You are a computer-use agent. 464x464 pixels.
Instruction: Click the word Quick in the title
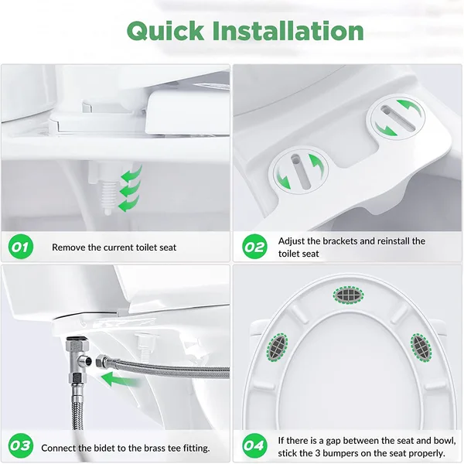click(165, 32)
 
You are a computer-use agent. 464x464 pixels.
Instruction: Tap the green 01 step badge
click(21, 247)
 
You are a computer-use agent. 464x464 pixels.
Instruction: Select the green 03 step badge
click(21, 447)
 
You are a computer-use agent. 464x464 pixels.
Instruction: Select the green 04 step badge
click(254, 447)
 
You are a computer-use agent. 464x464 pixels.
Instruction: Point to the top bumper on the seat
click(347, 294)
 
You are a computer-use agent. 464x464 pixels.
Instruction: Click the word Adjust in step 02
click(293, 241)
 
